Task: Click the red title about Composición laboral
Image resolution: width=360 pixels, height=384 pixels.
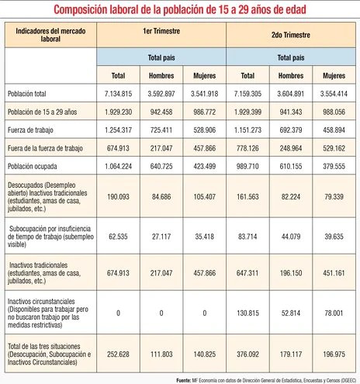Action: pyautogui.click(x=180, y=10)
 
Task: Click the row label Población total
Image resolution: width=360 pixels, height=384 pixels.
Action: pyautogui.click(x=27, y=93)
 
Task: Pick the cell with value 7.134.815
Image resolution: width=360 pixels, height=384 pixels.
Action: pyautogui.click(x=118, y=93)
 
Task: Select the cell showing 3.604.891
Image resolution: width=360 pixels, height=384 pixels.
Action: pyautogui.click(x=290, y=93)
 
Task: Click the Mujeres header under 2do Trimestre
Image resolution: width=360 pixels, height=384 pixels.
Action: pyautogui.click(x=333, y=76)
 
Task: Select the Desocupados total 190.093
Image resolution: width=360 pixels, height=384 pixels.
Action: pyautogui.click(x=118, y=196)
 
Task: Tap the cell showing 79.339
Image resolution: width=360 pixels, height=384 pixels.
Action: pyautogui.click(x=333, y=196)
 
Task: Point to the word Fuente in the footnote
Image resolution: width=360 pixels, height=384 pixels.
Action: pyautogui.click(x=185, y=379)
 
